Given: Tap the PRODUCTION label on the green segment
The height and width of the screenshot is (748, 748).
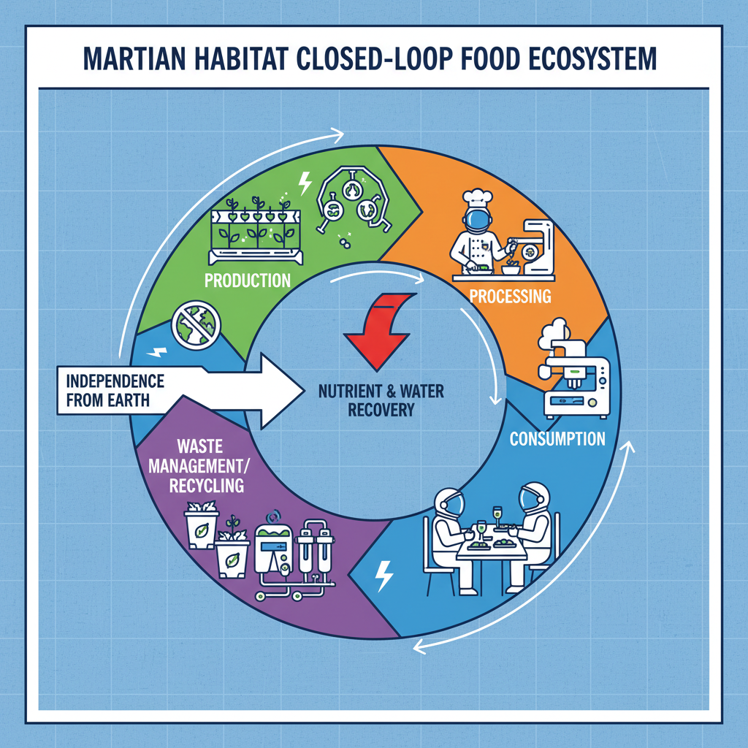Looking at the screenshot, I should [x=248, y=280].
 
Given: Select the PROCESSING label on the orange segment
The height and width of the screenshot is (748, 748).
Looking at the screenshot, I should [x=509, y=297].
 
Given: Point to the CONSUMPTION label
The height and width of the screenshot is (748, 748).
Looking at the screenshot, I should [x=557, y=439].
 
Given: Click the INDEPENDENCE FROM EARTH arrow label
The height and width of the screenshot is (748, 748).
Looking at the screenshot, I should [x=115, y=390].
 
